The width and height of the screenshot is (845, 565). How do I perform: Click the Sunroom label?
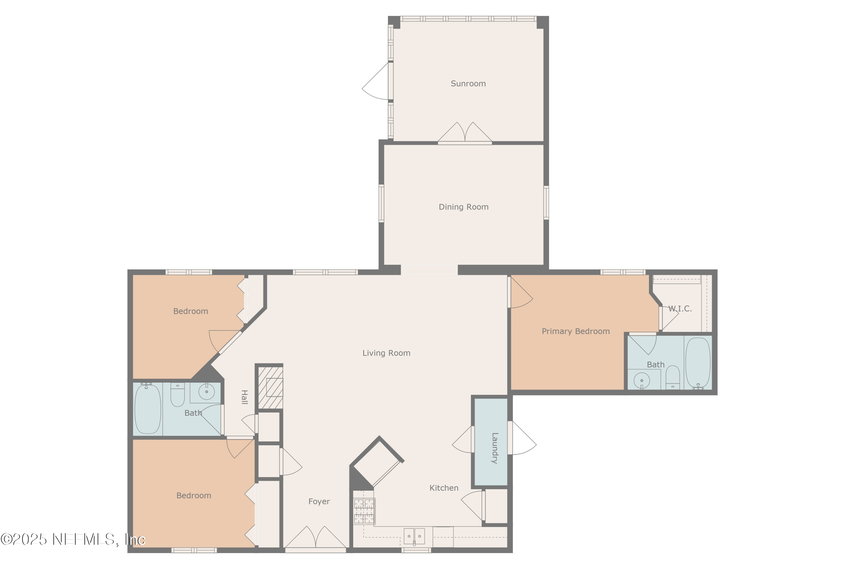[x=468, y=84]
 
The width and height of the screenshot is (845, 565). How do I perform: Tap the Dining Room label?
[x=463, y=207]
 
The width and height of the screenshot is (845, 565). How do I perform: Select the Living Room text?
[x=386, y=353]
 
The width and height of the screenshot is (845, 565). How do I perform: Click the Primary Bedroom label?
[x=575, y=331]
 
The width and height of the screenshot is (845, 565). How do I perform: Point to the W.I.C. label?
[x=680, y=309]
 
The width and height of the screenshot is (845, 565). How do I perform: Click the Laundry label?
[x=495, y=448]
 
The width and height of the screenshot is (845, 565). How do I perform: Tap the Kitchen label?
[x=444, y=488]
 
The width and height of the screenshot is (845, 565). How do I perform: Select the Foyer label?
[x=319, y=502]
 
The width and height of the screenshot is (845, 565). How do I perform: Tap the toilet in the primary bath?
[x=672, y=377]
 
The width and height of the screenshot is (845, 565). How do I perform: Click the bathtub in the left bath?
[x=147, y=409]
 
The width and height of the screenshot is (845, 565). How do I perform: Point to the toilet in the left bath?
[x=177, y=395]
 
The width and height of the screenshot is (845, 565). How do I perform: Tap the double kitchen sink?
[x=414, y=537]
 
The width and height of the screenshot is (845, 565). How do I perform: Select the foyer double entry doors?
[x=315, y=538]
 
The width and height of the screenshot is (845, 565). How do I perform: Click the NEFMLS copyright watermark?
[x=73, y=539]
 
